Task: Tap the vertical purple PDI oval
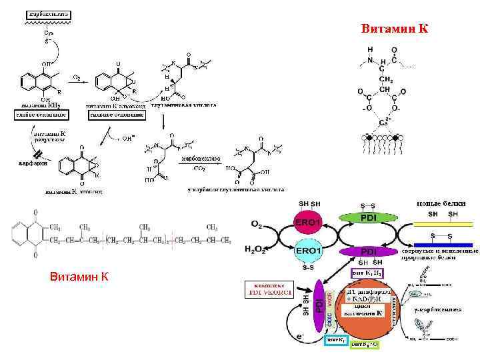[319, 304]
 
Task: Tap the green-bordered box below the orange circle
[364, 344]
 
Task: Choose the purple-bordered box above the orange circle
[366, 272]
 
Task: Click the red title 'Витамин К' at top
[395, 29]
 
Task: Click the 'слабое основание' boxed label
[39, 114]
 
